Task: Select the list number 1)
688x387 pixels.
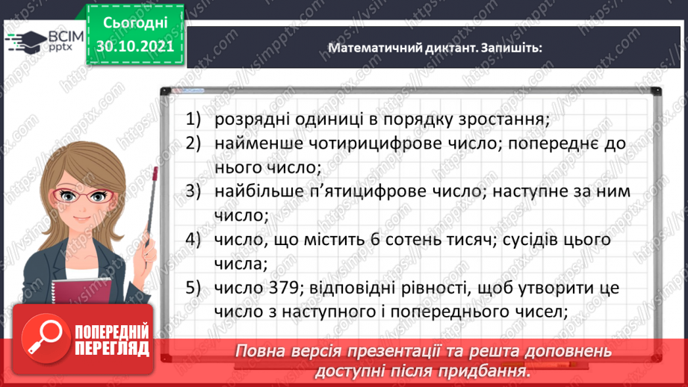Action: coord(194,119)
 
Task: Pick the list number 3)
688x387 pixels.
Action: coord(194,191)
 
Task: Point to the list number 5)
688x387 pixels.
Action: coord(194,288)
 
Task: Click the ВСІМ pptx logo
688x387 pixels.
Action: coord(37,40)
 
